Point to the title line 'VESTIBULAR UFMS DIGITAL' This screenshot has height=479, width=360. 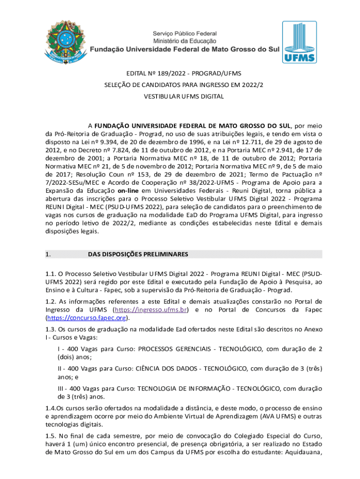180,96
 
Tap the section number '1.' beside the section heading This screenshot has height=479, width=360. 48,254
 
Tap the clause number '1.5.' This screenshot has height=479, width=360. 51,435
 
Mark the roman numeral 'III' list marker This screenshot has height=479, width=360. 61,388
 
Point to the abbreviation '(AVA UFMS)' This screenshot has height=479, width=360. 251,416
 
